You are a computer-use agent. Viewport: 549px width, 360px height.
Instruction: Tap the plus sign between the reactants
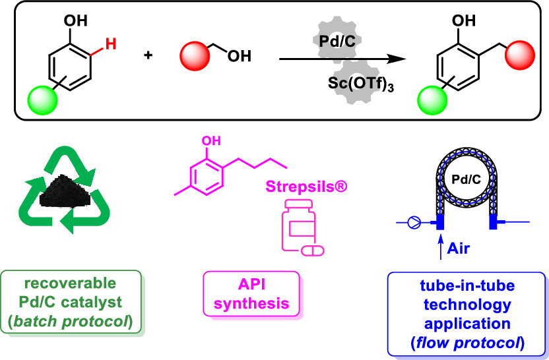pyautogui.click(x=147, y=57)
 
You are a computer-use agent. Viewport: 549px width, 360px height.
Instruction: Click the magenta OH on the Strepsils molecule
pyautogui.click(x=209, y=141)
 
